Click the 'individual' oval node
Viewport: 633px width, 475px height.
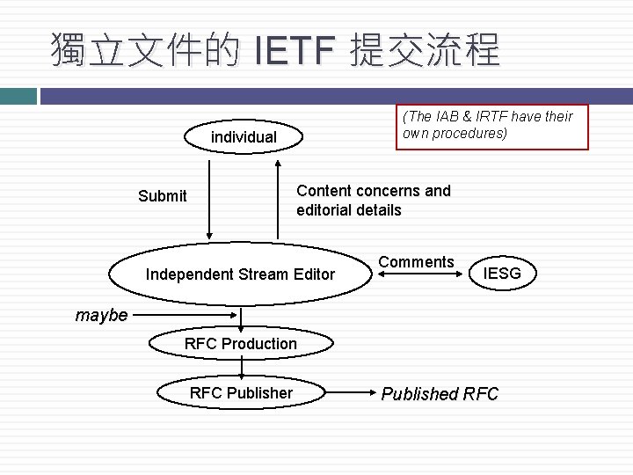coord(244,137)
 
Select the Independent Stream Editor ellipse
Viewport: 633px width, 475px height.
coord(240,274)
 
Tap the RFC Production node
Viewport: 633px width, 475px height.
coord(241,343)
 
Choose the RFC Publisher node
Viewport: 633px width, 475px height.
coord(241,392)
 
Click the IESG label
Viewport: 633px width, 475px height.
coord(503,274)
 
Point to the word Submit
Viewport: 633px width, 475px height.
coord(163,195)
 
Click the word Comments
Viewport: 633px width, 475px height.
coord(417,261)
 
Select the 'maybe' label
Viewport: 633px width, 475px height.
coord(101,315)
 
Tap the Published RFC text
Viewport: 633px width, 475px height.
coord(440,394)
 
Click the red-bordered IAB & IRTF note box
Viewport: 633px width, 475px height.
coord(491,126)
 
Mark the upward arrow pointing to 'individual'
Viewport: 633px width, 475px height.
coord(278,198)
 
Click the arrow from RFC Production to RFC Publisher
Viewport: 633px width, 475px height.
coord(241,368)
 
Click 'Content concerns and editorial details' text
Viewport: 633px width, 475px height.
coord(374,201)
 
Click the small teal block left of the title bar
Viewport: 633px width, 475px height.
coord(18,95)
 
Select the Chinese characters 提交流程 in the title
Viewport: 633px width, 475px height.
coord(424,51)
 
